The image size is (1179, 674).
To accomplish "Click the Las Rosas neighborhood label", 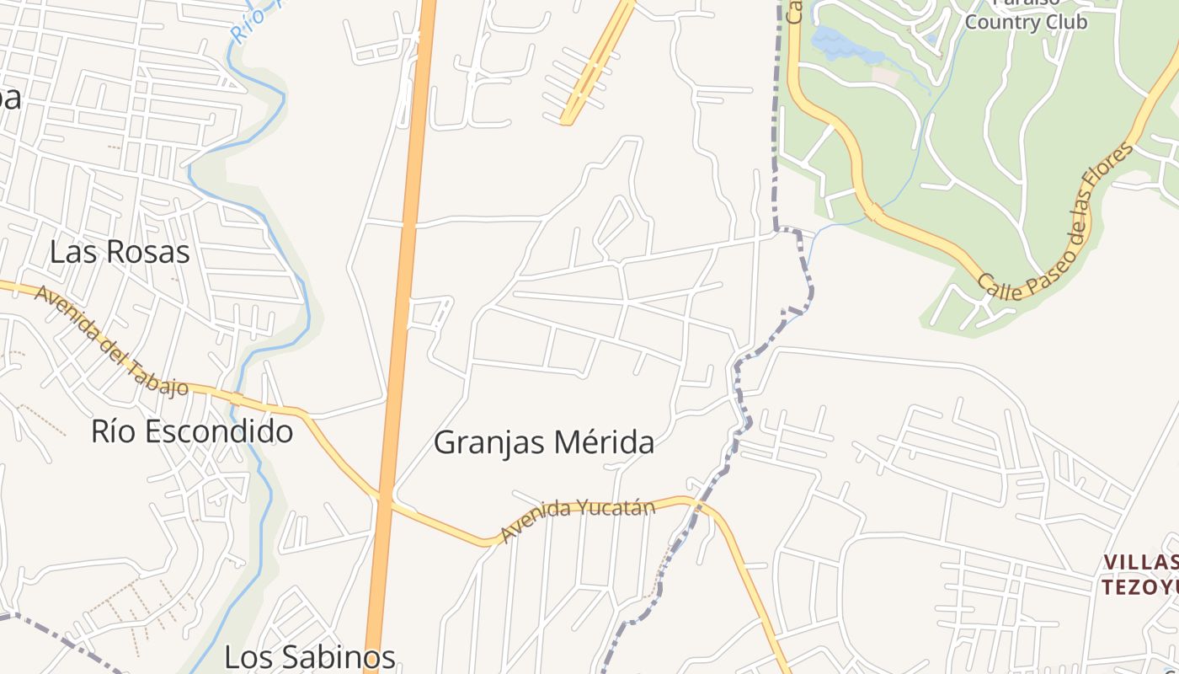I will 120,252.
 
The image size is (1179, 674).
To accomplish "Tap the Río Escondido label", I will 192,431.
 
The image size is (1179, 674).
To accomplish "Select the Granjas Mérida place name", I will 544,442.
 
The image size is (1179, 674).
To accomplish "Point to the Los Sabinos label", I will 309,657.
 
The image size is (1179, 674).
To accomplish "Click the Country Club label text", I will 1026,22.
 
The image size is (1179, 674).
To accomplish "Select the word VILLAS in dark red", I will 1141,562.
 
